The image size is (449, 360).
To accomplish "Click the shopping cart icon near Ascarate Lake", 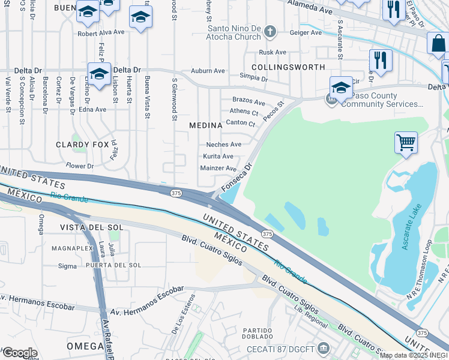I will pos(406,143).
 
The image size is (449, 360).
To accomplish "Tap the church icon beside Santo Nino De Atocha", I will pos(270,31).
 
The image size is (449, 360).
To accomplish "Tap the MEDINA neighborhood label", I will pos(206,125).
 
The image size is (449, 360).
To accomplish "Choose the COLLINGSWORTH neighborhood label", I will pos(288,67).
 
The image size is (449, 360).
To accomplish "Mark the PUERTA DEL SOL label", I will pos(113,265).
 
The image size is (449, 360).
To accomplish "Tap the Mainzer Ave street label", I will pos(218,169).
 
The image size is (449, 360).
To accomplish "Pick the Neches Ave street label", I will pos(223,145).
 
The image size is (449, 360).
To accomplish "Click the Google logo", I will pos(20,353).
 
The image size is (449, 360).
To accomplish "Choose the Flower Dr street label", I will pos(80,166).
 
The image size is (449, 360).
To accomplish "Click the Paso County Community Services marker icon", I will pos(331,100).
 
